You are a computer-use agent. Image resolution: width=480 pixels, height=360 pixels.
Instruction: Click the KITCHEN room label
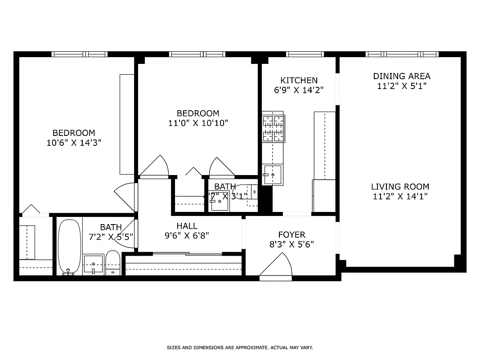[x=299, y=80]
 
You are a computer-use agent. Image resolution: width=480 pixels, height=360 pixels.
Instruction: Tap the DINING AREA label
[x=401, y=76]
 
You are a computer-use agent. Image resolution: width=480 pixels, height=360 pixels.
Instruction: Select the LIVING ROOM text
[x=400, y=186]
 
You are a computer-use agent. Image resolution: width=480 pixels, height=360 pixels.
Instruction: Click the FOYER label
[x=292, y=234]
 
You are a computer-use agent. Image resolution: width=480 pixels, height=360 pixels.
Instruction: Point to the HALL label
[x=187, y=226]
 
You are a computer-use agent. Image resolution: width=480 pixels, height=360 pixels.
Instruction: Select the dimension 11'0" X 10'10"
[x=197, y=123]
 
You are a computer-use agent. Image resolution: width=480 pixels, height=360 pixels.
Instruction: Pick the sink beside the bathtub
[x=93, y=264]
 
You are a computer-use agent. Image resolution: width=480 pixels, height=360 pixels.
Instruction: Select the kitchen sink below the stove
[x=273, y=175]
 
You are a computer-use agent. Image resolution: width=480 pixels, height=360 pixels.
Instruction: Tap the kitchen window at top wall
[x=305, y=54]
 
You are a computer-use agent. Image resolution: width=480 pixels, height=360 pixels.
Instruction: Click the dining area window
[x=402, y=54]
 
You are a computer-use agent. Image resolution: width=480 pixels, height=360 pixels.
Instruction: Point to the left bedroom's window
[x=79, y=54]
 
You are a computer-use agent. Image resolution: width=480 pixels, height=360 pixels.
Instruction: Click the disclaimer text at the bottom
[x=239, y=347]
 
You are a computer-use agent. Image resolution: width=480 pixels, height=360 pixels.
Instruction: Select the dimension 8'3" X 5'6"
[x=292, y=244]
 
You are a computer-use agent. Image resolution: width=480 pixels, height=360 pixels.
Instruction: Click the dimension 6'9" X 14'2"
[x=299, y=90]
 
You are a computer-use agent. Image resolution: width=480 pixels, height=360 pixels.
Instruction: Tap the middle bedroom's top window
[x=197, y=54]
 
